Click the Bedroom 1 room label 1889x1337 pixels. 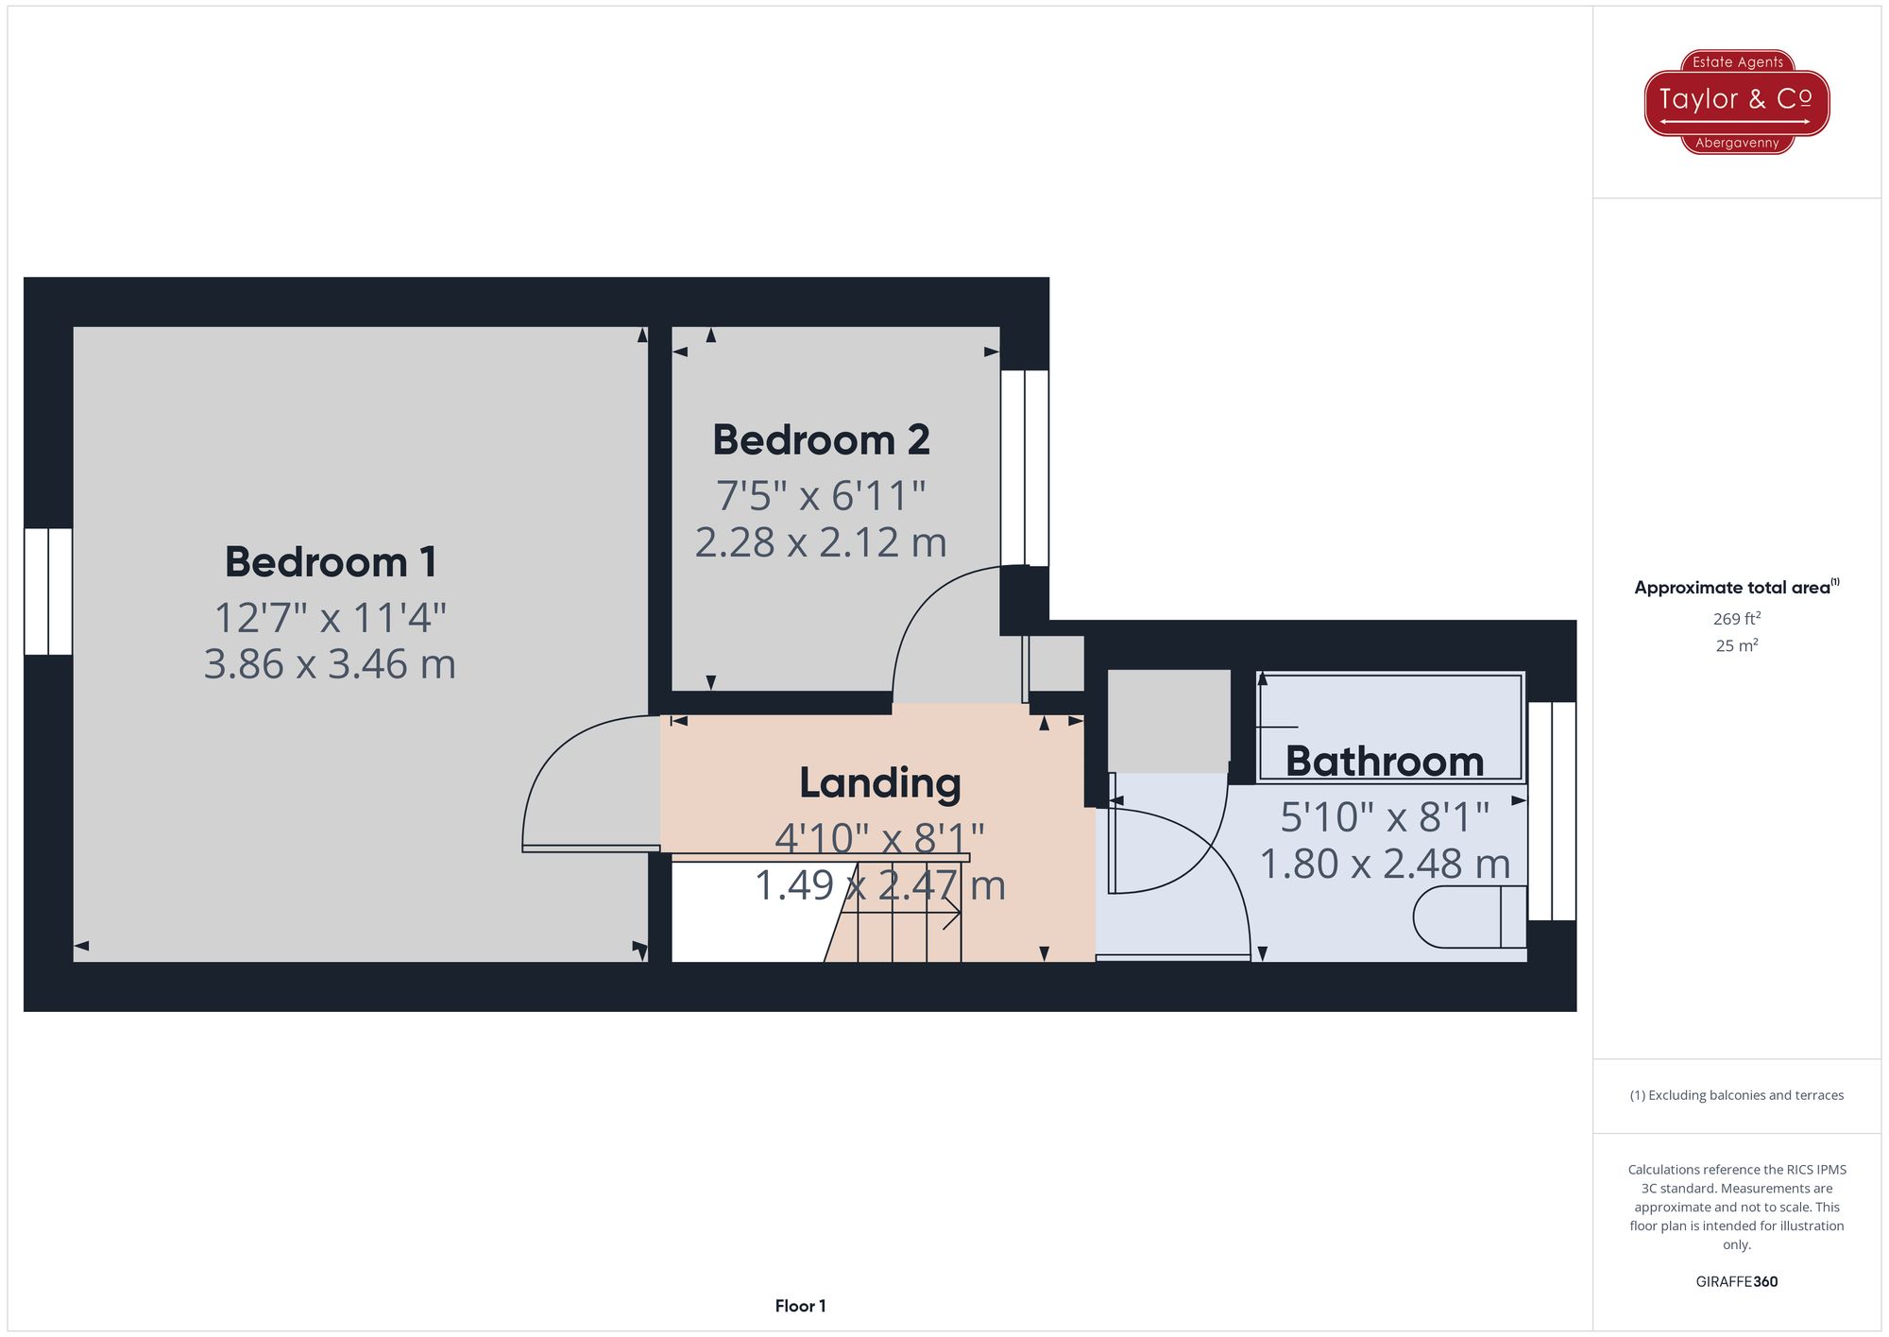[331, 562]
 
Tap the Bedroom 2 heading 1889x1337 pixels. [821, 440]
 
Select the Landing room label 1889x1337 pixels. [879, 783]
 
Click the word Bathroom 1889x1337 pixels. [1384, 762]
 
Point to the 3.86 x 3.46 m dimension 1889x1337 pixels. [330, 664]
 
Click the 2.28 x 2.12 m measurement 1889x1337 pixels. [821, 543]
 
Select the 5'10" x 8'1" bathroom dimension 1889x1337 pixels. [1384, 817]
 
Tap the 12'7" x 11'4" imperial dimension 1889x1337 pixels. [330, 619]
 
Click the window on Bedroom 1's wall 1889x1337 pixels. [48, 591]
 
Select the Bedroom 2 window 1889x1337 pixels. [1025, 468]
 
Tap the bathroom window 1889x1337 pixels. [1552, 811]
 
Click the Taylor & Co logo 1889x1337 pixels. [1736, 101]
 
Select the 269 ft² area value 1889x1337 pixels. [1736, 619]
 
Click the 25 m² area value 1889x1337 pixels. [1736, 646]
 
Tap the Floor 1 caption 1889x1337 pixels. [800, 1306]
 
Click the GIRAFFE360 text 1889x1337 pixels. [1736, 1281]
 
